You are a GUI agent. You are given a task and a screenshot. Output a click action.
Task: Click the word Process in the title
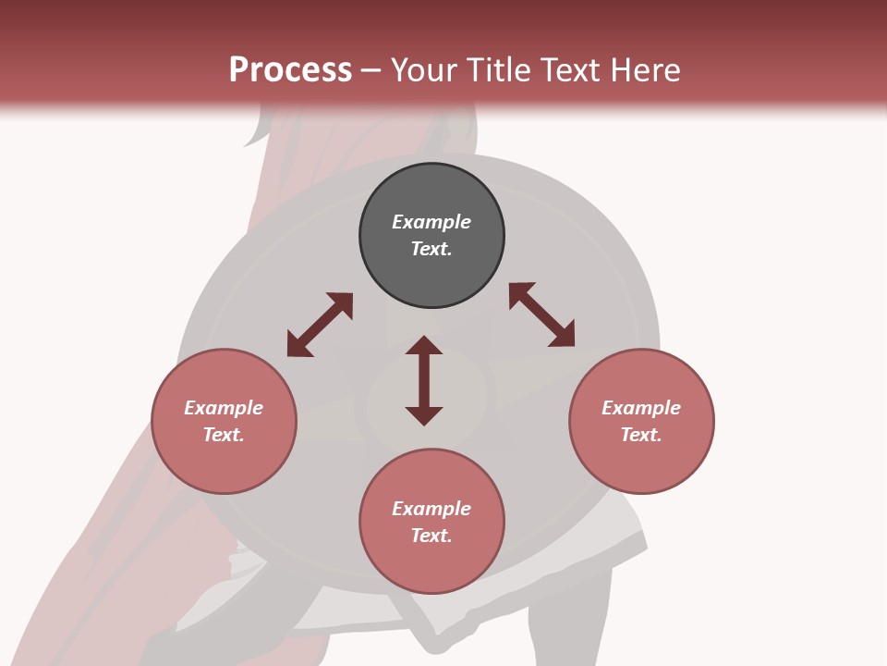290,70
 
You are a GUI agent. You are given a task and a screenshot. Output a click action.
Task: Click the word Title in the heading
496,70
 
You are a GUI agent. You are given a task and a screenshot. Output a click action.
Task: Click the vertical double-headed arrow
424,381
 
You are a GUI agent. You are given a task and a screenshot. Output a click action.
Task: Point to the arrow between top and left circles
320,325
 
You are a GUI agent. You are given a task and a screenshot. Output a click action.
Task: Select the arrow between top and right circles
541,314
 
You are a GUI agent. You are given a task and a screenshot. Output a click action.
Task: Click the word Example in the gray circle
431,222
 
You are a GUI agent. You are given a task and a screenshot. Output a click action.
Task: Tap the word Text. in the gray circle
431,249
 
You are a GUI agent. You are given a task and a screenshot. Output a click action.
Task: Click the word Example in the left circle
224,408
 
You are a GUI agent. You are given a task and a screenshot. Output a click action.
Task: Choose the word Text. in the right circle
641,435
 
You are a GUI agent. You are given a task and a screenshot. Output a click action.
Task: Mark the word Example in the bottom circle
431,509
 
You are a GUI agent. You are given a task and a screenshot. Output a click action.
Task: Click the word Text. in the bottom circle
431,536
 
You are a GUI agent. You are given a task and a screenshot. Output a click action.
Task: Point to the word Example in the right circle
641,408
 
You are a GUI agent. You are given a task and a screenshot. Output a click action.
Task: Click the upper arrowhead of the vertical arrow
424,345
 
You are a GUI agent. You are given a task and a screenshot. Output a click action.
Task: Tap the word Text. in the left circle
224,435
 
